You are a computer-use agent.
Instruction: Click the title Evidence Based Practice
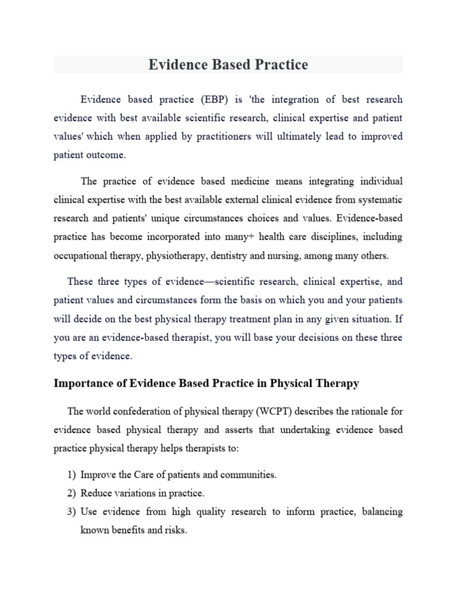click(x=228, y=64)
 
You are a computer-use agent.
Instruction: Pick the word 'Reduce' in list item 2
click(x=97, y=493)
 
